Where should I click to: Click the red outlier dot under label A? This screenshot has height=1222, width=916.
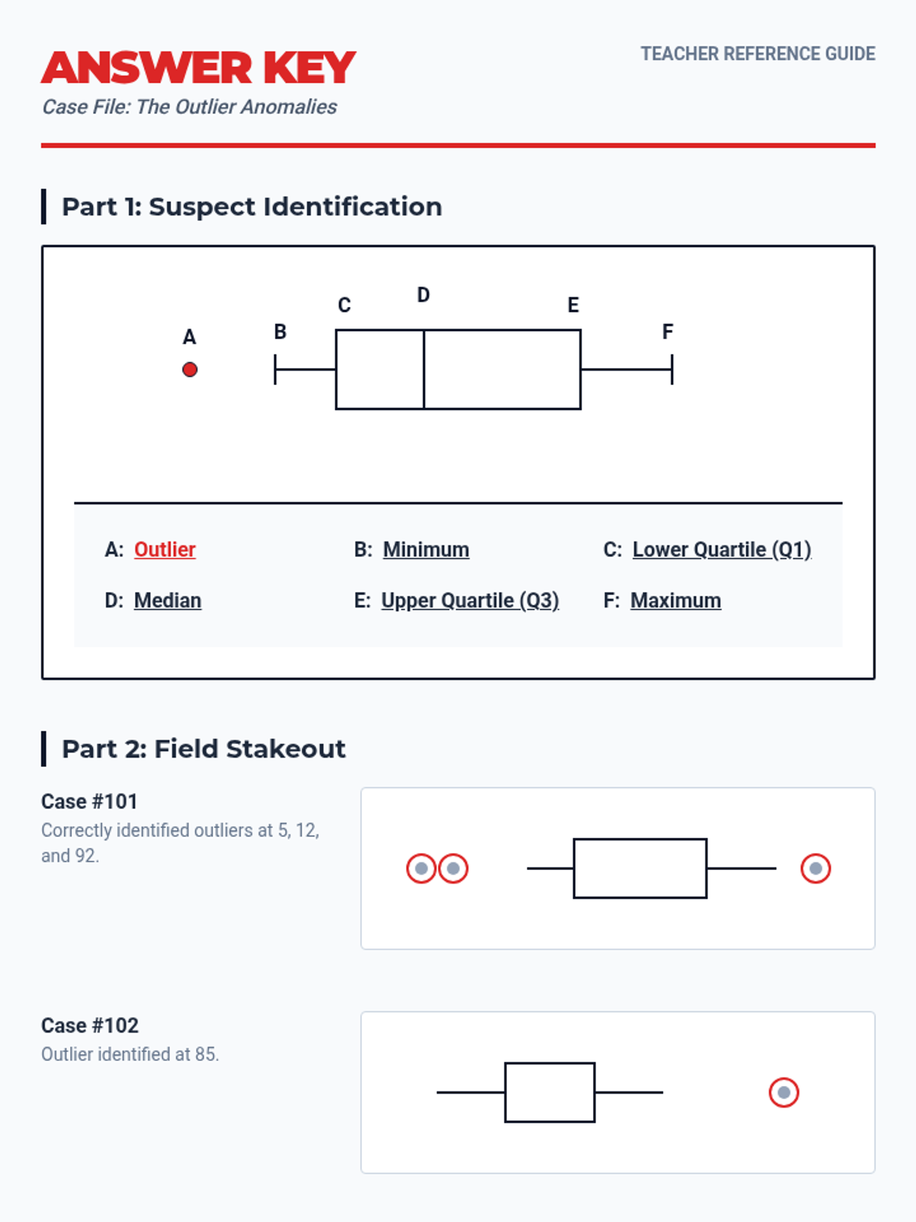[x=189, y=369]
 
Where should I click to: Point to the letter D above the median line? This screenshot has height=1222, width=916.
[x=423, y=295]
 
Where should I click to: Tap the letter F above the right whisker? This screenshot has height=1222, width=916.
[x=667, y=331]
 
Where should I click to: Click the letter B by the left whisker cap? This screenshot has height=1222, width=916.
[x=279, y=331]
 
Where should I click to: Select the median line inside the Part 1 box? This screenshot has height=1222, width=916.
[x=424, y=369]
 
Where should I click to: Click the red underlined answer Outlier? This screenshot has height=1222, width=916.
[x=165, y=549]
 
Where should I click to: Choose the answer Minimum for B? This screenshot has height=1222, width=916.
[x=426, y=549]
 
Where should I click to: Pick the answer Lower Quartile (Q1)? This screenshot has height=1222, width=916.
[x=722, y=550]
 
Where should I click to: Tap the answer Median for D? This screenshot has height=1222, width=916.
[x=167, y=601]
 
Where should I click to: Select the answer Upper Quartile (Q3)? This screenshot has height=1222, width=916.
[x=470, y=601]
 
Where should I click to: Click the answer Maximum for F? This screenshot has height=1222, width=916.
[x=676, y=601]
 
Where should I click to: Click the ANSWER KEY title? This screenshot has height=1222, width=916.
[x=198, y=67]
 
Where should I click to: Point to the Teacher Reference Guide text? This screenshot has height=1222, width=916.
[x=758, y=53]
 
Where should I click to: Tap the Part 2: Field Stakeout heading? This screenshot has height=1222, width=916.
[x=204, y=748]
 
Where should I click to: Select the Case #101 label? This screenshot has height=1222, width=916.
[x=89, y=802]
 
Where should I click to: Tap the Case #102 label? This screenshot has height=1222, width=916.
[x=89, y=1026]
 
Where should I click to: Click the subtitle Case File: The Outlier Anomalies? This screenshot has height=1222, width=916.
[x=189, y=107]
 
